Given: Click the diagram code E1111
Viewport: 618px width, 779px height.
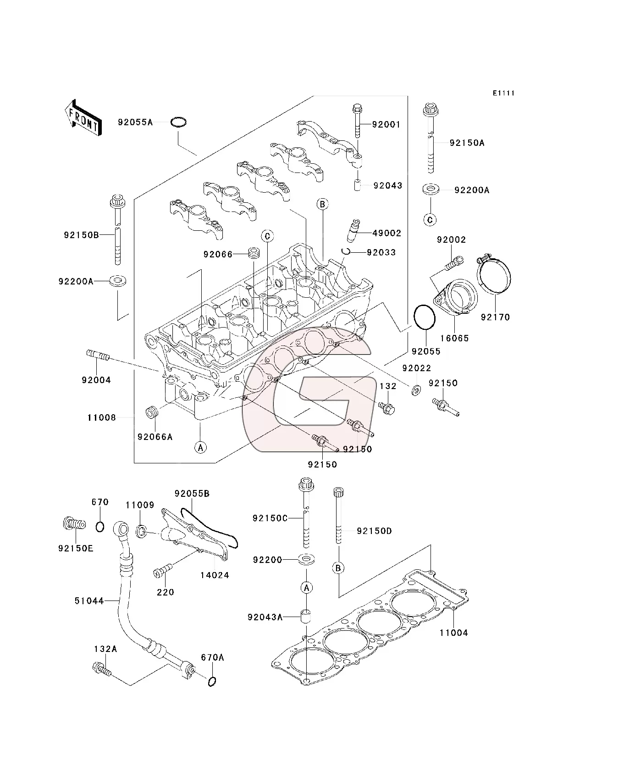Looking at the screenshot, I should coord(503,93).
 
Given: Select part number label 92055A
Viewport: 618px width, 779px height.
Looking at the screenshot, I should coord(135,122).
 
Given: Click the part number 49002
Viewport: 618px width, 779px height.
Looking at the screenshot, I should coord(386,233).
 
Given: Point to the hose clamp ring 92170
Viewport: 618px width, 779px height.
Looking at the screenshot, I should coord(495,277).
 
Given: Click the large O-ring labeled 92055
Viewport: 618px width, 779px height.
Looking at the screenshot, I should coord(424,317).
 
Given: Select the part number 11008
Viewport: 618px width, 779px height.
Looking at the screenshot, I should coord(102,417).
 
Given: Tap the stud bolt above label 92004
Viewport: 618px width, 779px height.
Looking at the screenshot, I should coord(98,356).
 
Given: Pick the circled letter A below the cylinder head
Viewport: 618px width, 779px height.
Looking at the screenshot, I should coord(200,447).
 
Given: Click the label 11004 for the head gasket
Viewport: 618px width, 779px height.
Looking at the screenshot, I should coord(453,633).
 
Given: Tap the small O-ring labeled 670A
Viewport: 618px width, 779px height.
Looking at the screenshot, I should coord(211,682).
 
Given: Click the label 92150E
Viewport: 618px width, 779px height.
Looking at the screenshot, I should coord(76,548).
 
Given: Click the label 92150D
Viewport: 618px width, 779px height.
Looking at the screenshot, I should coord(374,531).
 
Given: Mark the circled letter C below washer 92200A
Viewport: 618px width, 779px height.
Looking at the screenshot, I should coord(430,220).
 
